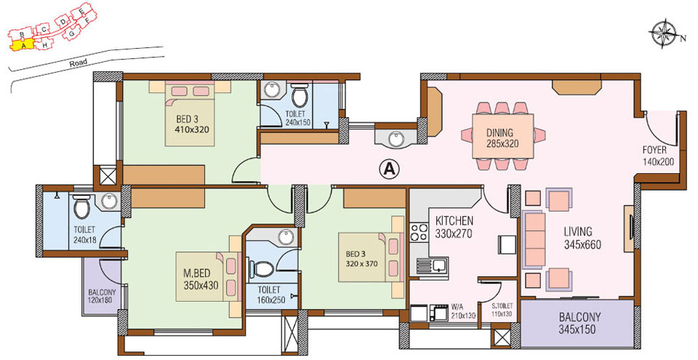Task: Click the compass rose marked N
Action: tap(662, 33)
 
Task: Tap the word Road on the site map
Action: tap(79, 63)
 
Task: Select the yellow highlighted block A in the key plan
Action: tap(23, 44)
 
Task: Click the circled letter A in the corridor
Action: tap(390, 169)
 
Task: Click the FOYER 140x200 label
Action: tap(657, 156)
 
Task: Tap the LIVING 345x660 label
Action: tap(582, 239)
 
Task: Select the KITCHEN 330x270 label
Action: tap(454, 226)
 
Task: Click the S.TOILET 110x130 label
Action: tap(502, 310)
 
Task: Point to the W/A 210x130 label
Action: tap(462, 310)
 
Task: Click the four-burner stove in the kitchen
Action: tap(419, 233)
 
